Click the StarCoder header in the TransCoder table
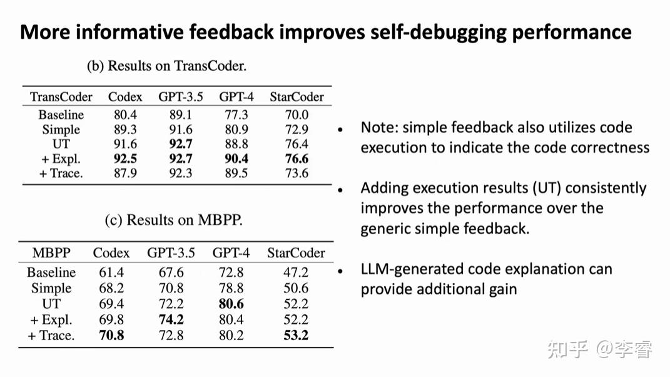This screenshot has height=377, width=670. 297,97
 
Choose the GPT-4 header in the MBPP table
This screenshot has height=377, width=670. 231,253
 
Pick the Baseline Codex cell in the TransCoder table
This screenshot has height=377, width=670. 124,115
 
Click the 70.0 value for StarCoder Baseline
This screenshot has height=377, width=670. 296,115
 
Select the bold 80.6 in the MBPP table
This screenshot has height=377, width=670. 231,304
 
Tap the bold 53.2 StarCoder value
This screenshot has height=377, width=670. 296,335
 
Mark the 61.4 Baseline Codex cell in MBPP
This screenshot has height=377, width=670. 111,272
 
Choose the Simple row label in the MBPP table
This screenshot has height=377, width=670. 51,288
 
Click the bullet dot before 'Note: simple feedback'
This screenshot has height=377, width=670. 340,130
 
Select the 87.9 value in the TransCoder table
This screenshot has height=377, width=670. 124,173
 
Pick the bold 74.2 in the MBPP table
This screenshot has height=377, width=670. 171,319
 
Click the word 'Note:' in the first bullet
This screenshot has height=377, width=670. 379,128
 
